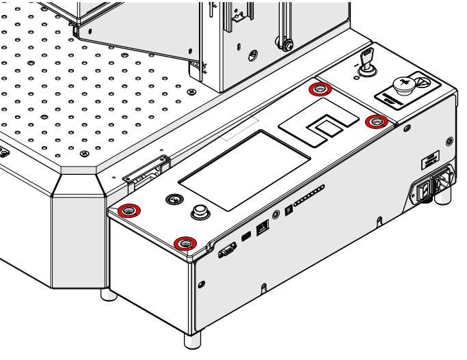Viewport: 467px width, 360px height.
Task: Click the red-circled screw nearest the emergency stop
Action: [376, 122]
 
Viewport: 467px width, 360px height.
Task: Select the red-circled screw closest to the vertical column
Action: [319, 89]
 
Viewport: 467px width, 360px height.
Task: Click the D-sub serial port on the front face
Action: [226, 252]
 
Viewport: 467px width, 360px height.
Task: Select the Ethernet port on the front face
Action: [263, 227]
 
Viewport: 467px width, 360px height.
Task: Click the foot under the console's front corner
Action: [192, 340]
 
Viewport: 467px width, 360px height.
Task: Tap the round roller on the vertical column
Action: [289, 46]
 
